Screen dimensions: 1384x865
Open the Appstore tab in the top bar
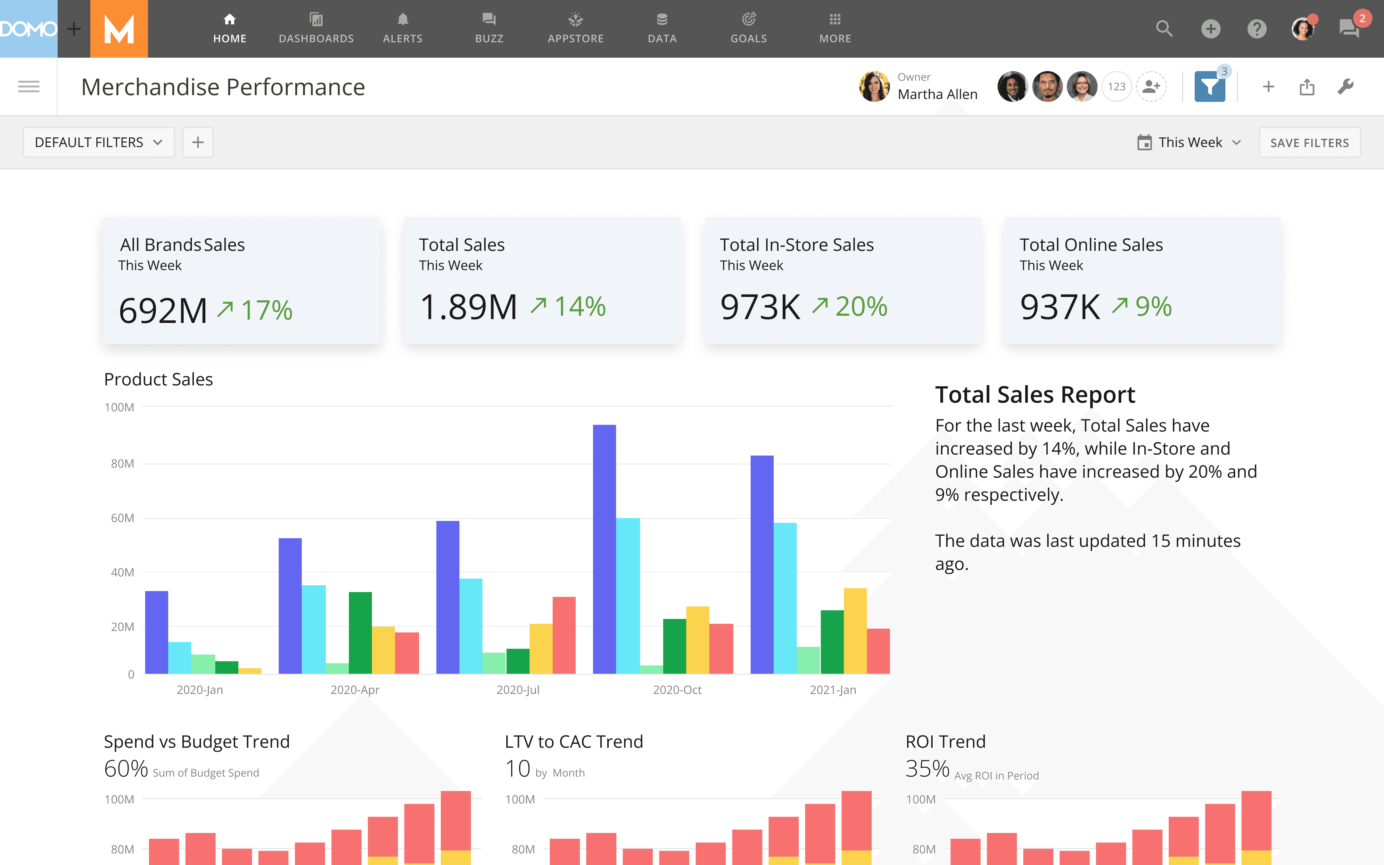point(575,28)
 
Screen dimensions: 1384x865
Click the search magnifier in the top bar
point(1164,29)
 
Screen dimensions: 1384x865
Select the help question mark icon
point(1256,29)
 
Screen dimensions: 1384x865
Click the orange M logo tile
point(119,29)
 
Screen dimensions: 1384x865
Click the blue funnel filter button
point(1210,87)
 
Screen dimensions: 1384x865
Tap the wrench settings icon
point(1345,87)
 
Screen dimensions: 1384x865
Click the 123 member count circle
point(1116,87)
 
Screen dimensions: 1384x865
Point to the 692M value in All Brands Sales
point(163,311)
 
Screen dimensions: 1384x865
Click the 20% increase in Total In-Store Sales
point(861,307)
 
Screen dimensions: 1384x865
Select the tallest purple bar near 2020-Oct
point(605,549)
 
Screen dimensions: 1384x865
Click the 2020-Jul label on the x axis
point(518,690)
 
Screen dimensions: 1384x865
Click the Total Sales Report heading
point(1034,395)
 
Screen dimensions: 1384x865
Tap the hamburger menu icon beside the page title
point(29,87)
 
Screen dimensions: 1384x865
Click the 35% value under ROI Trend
point(927,768)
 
